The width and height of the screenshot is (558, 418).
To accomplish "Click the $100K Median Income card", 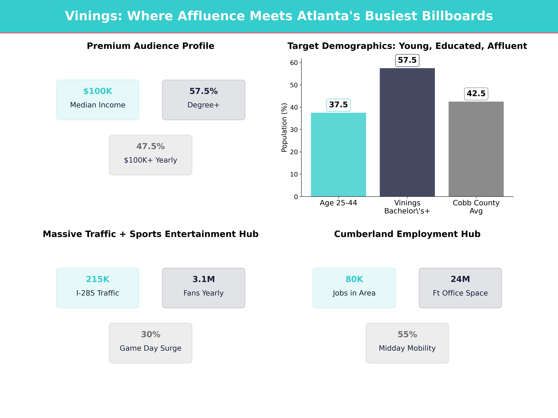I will point(98,100).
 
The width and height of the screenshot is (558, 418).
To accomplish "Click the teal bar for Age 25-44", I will point(338,154).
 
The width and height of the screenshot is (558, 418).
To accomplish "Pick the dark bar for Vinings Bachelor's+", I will point(407,132).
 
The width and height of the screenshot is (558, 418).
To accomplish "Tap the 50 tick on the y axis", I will point(294,85).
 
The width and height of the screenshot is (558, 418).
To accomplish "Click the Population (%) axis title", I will point(284,127).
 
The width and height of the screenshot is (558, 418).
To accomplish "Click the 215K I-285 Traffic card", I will point(98,288).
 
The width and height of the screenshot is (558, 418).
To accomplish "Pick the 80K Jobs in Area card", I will point(354,288).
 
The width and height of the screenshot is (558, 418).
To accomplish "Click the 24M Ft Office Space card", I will point(460,288).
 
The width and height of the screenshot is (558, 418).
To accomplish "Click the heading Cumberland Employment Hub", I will point(407,234).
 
